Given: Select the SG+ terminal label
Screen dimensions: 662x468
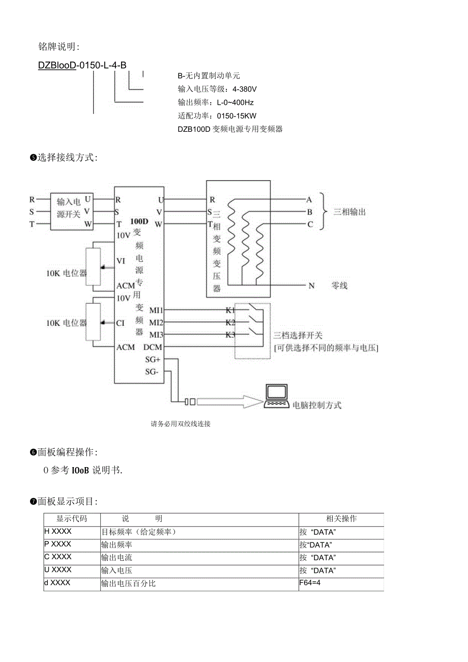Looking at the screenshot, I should [x=153, y=359].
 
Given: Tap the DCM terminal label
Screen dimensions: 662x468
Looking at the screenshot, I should [x=153, y=347].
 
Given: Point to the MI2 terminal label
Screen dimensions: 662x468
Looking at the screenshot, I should [x=156, y=323].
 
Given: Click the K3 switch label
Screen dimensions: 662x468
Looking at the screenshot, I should [x=230, y=335].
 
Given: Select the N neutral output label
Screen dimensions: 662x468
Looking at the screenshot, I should [x=311, y=285].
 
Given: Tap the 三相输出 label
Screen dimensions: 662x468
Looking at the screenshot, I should [x=349, y=212].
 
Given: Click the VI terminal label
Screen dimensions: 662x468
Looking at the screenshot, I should [x=121, y=261].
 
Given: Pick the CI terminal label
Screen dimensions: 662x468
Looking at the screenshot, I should [x=121, y=322].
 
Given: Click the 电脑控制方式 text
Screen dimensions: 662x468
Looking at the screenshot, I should [x=317, y=405].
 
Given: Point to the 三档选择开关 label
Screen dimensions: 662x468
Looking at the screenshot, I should [x=298, y=336].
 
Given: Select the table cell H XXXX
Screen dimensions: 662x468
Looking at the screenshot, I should [x=58, y=531].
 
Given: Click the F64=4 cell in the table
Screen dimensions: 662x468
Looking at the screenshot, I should [x=310, y=583].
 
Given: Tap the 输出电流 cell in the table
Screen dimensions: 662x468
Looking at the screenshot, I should [x=117, y=558].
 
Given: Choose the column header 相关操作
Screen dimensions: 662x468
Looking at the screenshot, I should [x=341, y=519].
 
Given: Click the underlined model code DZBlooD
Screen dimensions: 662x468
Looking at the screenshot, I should [x=57, y=65].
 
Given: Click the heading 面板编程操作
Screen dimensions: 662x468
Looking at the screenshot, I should [x=66, y=452].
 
